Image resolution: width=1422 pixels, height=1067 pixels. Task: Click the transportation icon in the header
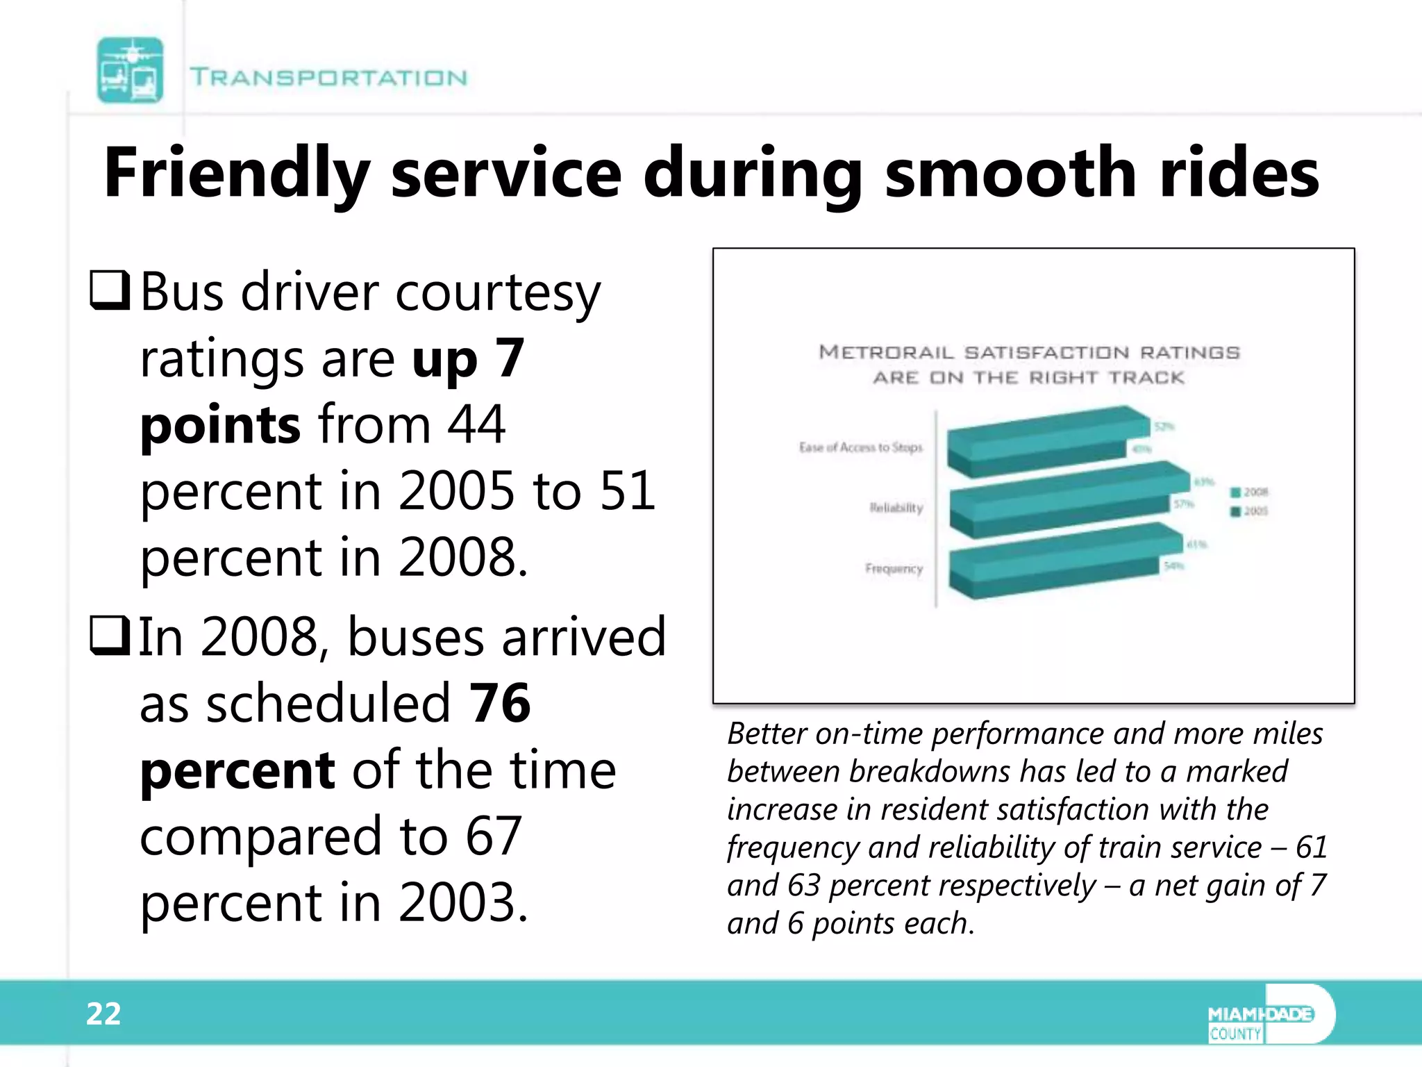[130, 70]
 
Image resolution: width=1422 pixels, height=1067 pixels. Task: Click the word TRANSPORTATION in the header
[328, 77]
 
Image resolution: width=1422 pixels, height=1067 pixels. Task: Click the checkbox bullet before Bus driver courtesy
[110, 290]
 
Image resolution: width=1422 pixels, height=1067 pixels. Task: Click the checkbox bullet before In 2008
[110, 636]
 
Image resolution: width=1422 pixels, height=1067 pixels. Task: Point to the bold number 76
[500, 703]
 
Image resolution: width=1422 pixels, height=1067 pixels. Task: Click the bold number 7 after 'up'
[510, 358]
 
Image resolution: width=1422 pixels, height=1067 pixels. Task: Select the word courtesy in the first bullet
[498, 293]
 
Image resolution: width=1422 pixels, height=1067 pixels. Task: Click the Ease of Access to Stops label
[860, 447]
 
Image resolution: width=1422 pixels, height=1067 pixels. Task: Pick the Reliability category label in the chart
[896, 508]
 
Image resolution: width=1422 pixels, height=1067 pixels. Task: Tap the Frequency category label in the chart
[894, 569]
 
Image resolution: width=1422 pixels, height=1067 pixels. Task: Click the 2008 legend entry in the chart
[1250, 492]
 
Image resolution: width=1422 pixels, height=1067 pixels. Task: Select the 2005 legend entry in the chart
[1250, 511]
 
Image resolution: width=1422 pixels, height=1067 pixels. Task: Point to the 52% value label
[1164, 426]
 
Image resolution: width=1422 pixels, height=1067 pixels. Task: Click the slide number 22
[103, 1014]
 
